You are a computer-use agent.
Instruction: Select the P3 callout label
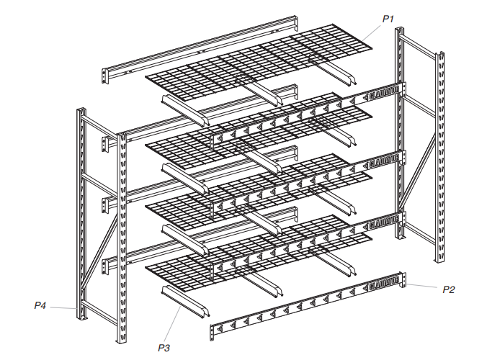point(164,348)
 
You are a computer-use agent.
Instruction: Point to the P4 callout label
point(40,306)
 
